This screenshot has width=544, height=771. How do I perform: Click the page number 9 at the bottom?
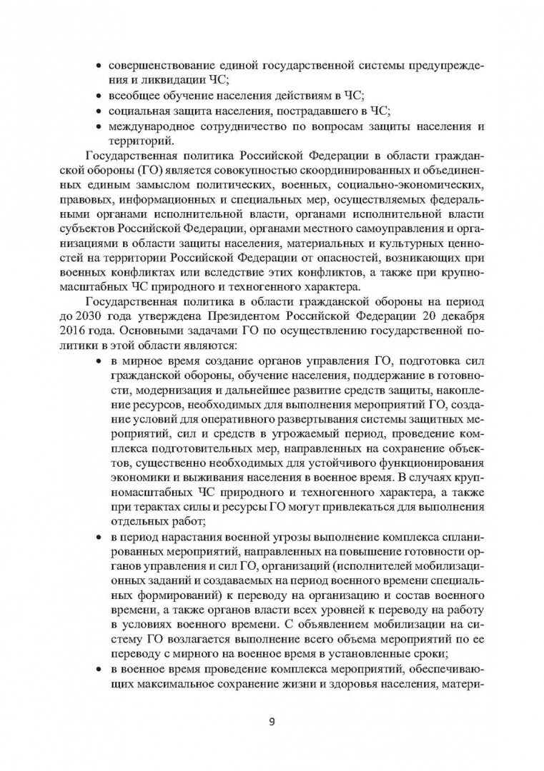coord(272,720)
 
